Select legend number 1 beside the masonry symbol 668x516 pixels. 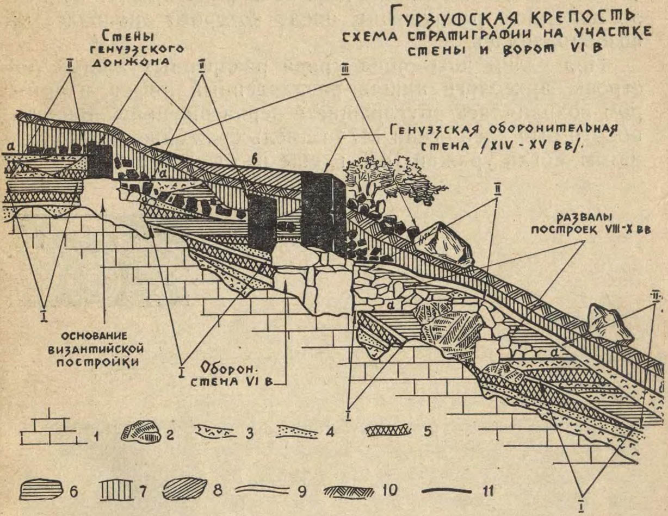click(95, 434)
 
